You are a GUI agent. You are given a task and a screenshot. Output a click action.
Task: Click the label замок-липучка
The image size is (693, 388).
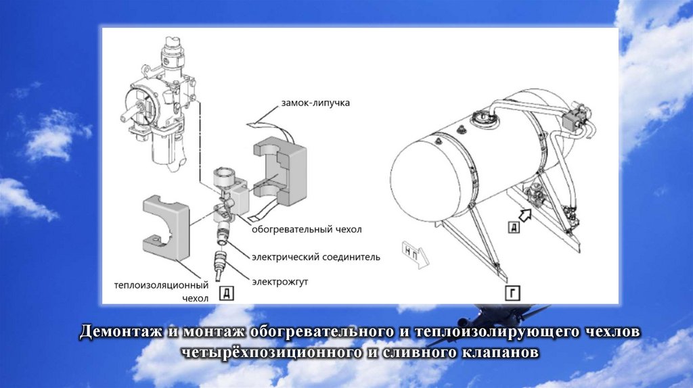click(315, 103)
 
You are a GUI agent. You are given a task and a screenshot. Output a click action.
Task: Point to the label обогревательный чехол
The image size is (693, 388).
click(307, 230)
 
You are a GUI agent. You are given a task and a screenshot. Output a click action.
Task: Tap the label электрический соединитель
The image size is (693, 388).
click(316, 257)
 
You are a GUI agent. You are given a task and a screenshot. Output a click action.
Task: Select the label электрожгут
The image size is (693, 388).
click(280, 282)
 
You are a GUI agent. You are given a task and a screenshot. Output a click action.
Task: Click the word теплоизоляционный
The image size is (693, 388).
click(161, 285)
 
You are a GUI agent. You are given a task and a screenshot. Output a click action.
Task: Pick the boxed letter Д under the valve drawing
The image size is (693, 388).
click(226, 293)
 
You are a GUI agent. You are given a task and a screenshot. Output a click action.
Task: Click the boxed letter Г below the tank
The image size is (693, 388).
click(512, 293)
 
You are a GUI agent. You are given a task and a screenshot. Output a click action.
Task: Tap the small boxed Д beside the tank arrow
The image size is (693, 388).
click(514, 228)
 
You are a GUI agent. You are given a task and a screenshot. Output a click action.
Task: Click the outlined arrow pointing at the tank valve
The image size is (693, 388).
click(525, 215)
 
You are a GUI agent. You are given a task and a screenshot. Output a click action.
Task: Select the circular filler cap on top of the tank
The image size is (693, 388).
click(482, 117)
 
